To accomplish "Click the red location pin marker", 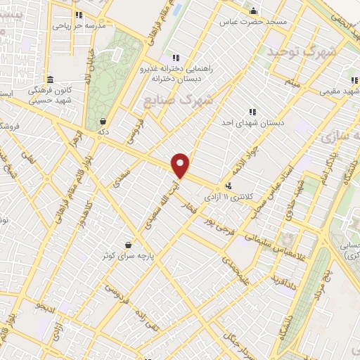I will (181, 166).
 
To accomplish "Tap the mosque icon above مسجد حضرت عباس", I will (254, 11).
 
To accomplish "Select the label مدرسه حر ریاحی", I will (79, 25).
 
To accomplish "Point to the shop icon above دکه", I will (104, 120).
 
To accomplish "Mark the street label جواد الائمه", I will (239, 156).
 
